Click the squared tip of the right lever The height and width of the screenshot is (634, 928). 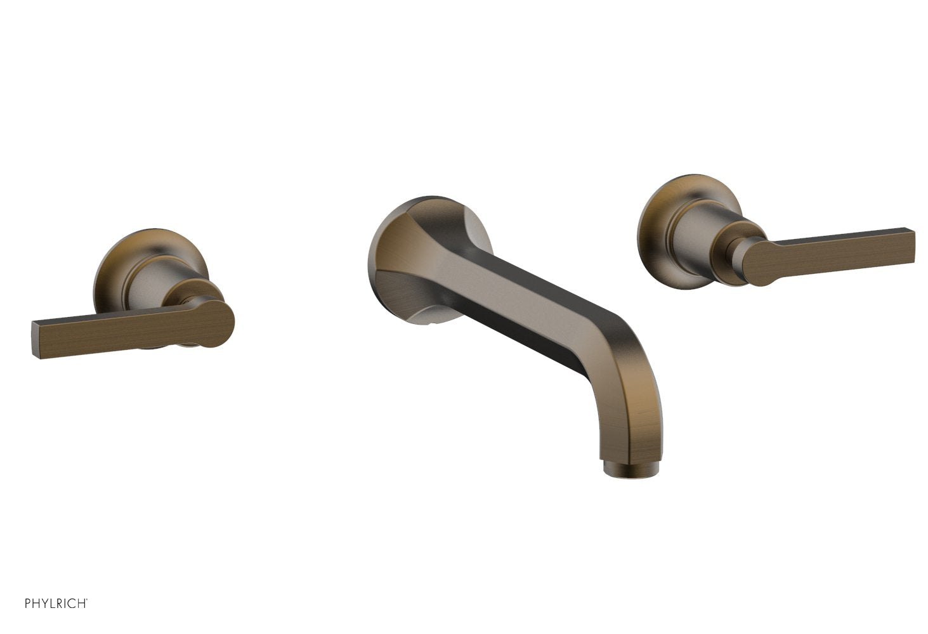(908, 243)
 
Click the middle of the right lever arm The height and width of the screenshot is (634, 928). (837, 246)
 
